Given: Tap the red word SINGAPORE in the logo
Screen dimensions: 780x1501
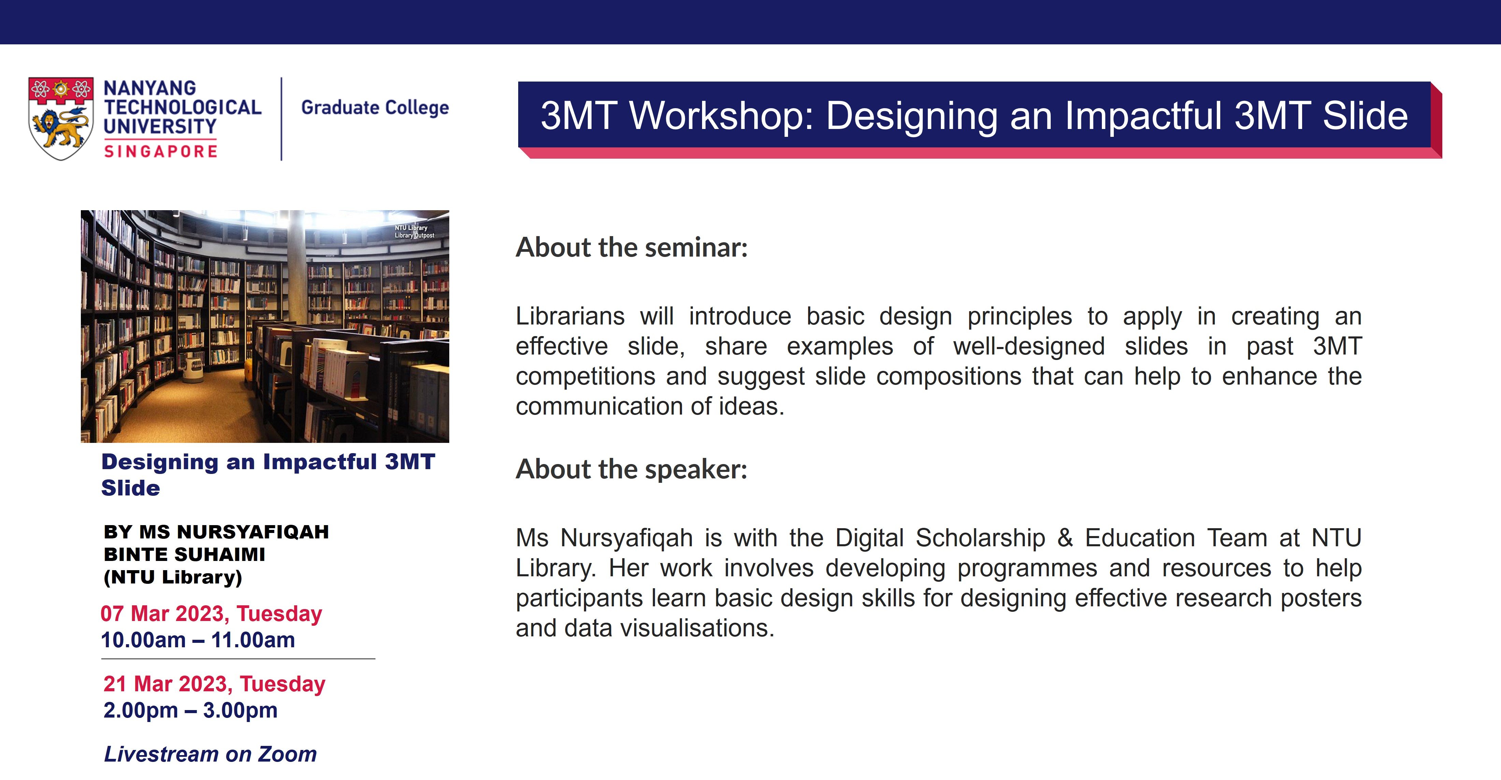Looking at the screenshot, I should pos(160,151).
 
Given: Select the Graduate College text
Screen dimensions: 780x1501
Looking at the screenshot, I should pos(375,108).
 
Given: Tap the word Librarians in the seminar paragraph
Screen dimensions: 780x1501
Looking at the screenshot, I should pos(570,317).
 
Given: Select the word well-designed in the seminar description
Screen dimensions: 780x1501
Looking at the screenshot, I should pos(1029,346).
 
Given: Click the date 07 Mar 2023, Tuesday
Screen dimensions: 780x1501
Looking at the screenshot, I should pos(211,614).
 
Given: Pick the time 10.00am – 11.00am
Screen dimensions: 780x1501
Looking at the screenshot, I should pos(198,640).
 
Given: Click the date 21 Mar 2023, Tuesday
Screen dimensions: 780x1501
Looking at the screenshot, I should pos(214,684).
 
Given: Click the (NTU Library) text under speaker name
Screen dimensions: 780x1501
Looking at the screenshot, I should pos(173,577).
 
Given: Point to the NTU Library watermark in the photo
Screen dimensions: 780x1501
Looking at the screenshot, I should pos(414,231).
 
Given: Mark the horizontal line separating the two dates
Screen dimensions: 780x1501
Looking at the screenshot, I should pos(238,659).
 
